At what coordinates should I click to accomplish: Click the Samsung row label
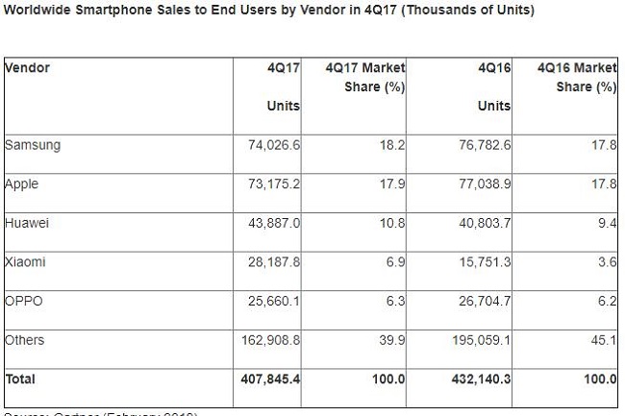tap(33, 145)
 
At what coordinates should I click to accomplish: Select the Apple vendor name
tap(22, 184)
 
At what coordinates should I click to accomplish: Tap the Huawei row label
tap(27, 223)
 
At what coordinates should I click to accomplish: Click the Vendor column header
tap(28, 68)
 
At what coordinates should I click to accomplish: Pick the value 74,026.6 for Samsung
tap(274, 145)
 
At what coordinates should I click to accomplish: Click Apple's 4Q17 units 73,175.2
tap(274, 184)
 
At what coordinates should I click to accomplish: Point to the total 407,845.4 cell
tap(270, 379)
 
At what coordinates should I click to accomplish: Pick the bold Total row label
tap(20, 379)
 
